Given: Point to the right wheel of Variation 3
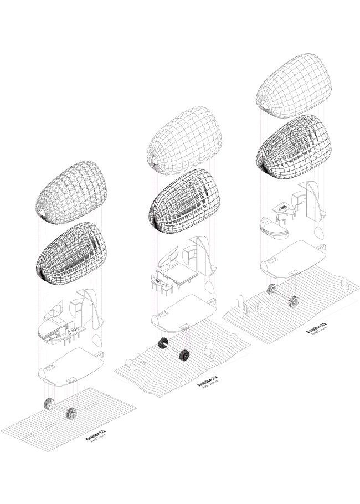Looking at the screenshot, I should coord(292,301).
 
